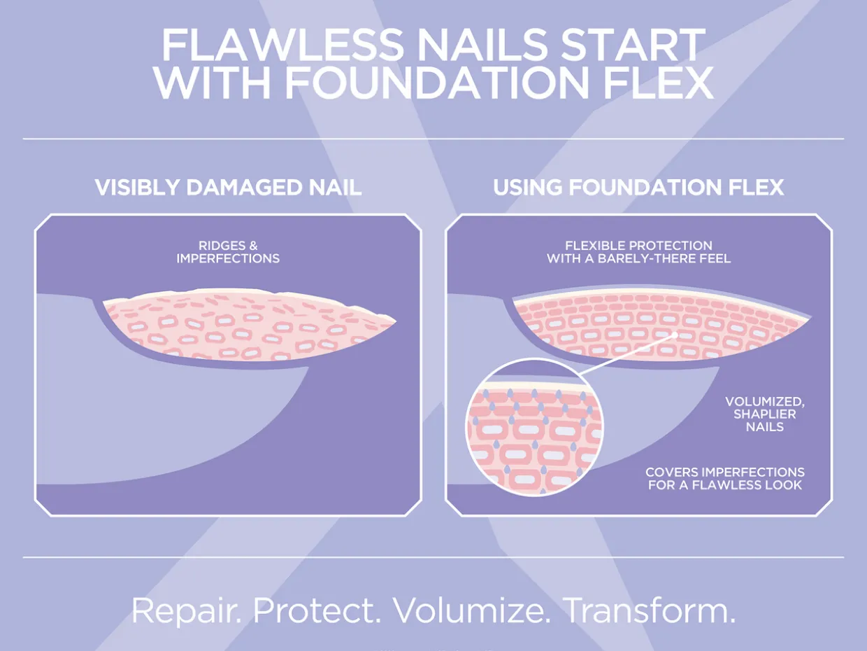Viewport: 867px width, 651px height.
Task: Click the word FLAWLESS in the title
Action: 282,44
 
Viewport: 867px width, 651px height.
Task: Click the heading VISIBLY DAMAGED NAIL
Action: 228,188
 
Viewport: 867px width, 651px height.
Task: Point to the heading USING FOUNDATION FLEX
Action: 638,188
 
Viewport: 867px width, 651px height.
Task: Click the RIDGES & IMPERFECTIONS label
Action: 228,252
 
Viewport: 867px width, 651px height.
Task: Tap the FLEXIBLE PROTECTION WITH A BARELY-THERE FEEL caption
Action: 638,252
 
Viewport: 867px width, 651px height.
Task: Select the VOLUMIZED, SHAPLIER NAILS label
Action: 765,414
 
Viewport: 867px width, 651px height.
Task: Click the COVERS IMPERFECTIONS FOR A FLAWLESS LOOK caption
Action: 725,479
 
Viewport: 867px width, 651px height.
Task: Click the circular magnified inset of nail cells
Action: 534,427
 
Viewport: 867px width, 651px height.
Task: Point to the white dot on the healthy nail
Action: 675,335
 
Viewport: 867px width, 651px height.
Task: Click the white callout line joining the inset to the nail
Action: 629,354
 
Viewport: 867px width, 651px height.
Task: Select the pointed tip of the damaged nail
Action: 396,321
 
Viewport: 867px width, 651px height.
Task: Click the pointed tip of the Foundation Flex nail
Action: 811,317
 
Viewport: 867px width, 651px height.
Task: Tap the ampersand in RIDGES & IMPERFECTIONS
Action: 253,246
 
